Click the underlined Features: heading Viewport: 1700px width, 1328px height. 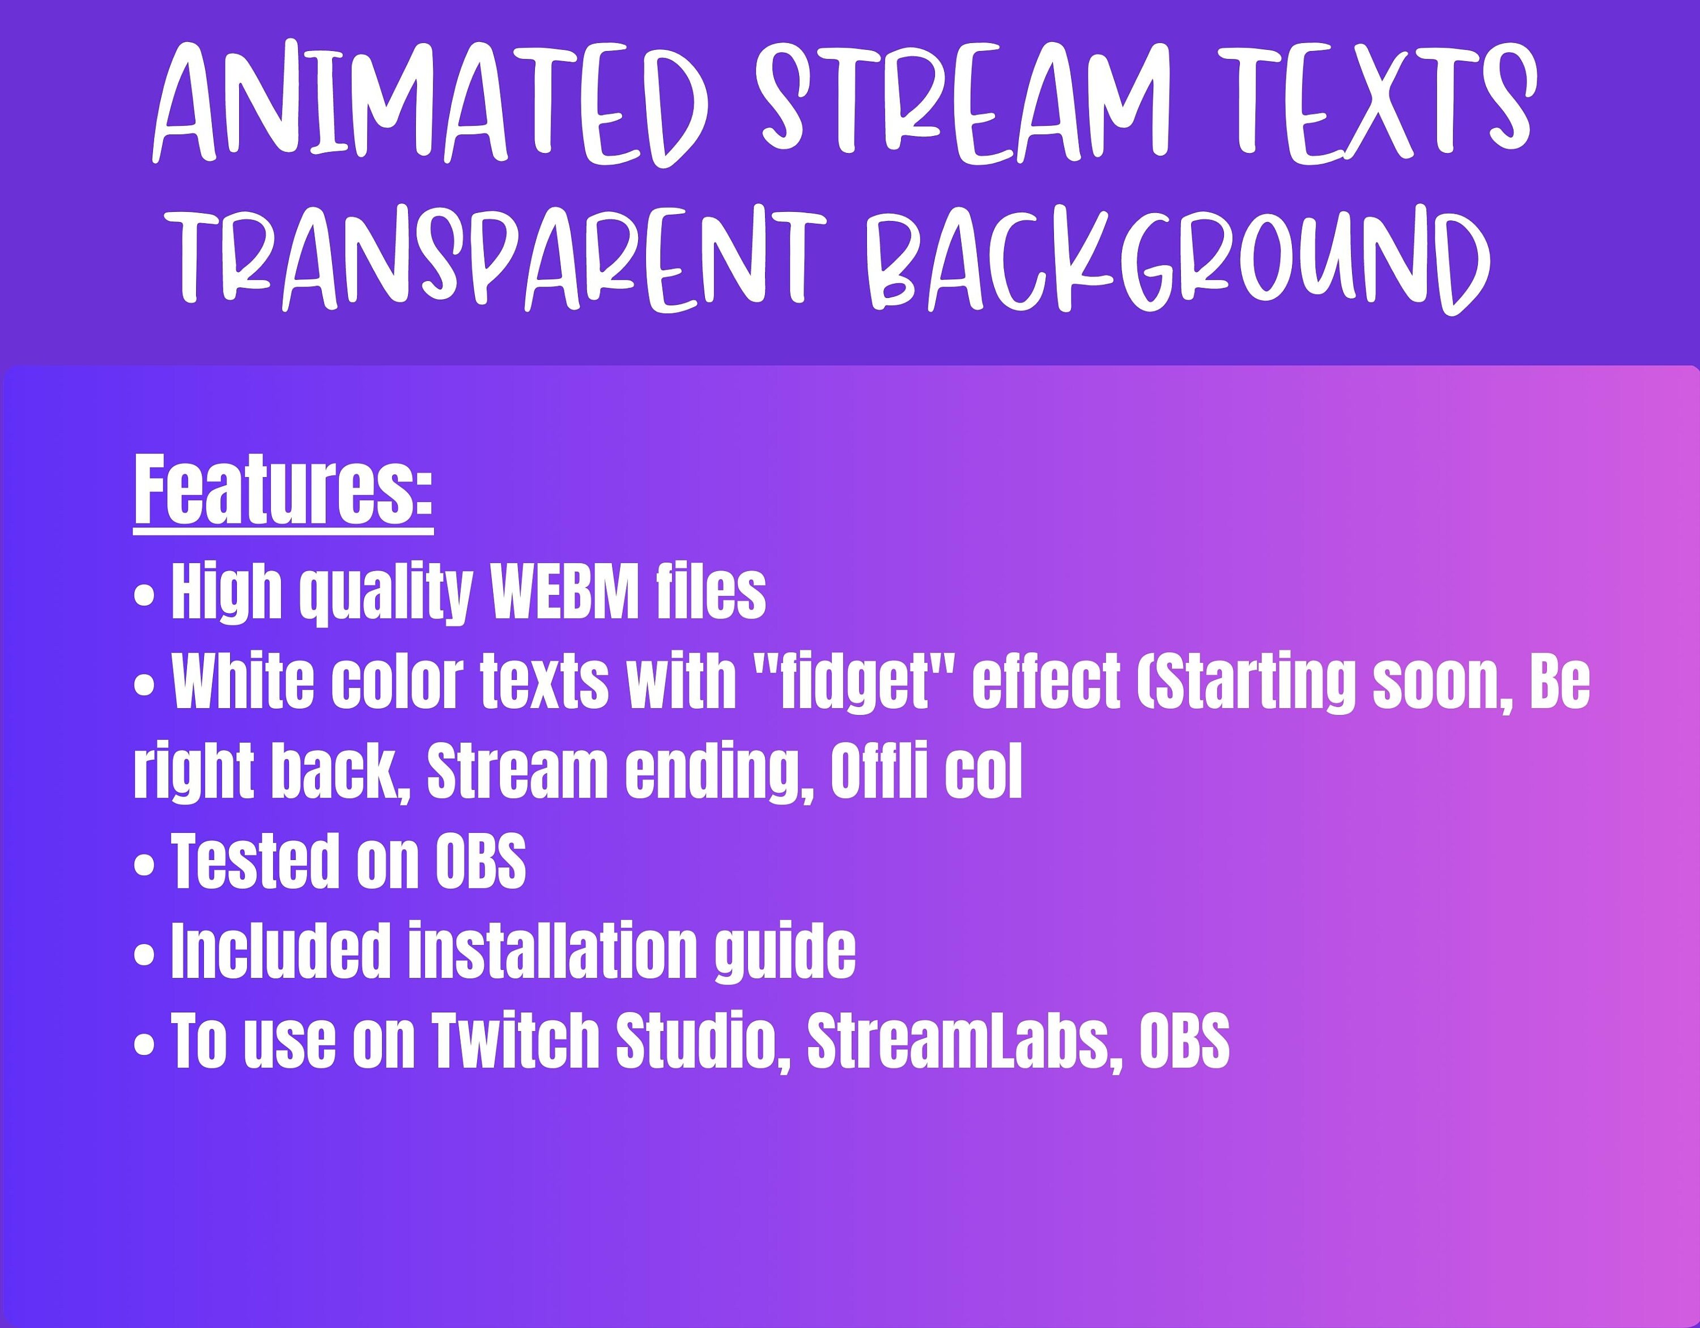click(x=283, y=492)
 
